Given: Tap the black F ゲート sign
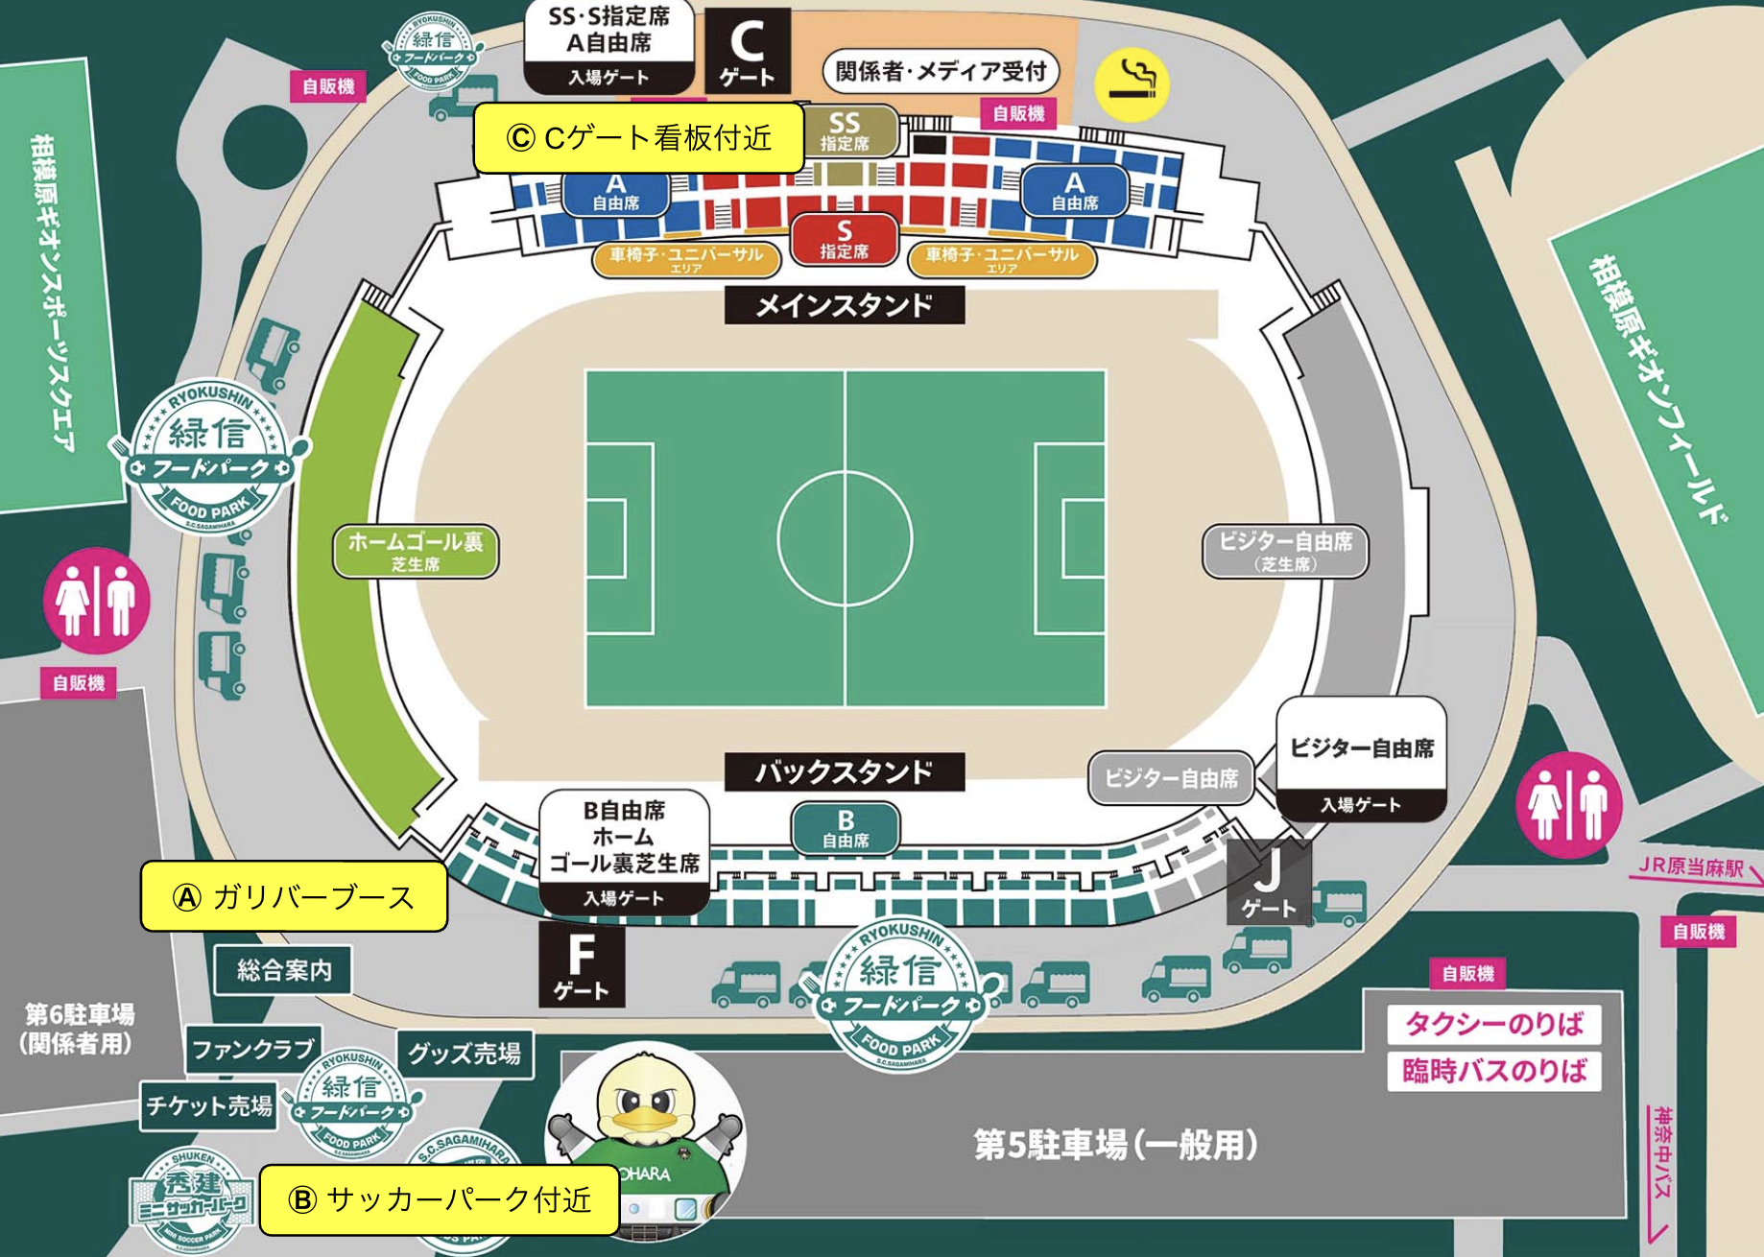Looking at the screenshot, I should pos(582,964).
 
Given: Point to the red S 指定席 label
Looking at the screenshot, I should pos(844,240).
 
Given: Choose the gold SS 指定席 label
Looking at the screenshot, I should pos(845,130).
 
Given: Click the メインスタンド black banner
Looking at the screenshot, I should pos(844,305).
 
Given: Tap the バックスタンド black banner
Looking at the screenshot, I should pos(844,771).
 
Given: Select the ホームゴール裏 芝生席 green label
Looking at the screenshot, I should pos(416,551).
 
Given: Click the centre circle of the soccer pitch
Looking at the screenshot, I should pos(845,538).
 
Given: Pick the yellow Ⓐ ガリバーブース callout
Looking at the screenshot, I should pos(294,896).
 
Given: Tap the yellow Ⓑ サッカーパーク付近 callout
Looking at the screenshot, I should pos(439,1199).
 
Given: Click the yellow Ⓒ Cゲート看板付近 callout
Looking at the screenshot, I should pos(638,138).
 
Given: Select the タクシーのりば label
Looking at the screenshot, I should pos(1493,1024).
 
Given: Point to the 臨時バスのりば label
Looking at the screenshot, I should pos(1493,1071).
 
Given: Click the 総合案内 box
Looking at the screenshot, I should pos(283,970).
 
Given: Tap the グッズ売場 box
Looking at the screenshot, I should pos(465,1054).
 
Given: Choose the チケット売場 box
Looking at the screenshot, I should pos(208,1106).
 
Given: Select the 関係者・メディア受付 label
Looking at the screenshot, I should pos(941,71).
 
